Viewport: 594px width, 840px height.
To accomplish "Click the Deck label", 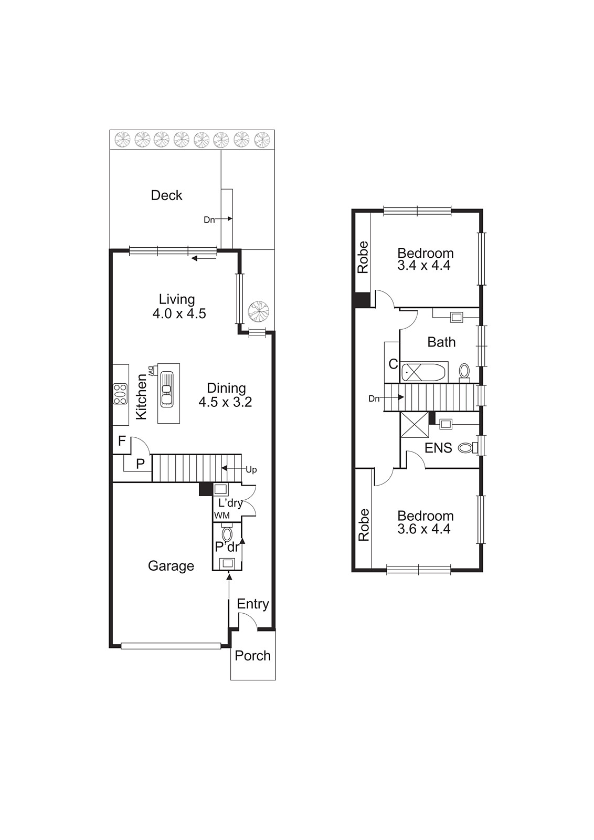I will pyautogui.click(x=166, y=195).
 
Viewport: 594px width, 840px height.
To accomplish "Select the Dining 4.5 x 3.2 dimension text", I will pyautogui.click(x=225, y=403).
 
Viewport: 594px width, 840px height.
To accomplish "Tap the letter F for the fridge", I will pyautogui.click(x=122, y=441).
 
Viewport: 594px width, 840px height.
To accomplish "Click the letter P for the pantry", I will pyautogui.click(x=140, y=464).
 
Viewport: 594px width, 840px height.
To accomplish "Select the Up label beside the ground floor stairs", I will pyautogui.click(x=251, y=470).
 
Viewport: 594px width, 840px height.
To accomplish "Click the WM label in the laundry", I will pyautogui.click(x=221, y=516).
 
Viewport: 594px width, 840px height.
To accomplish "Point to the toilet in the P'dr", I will pyautogui.click(x=227, y=534).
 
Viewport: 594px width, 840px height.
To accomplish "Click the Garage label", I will pyautogui.click(x=171, y=566).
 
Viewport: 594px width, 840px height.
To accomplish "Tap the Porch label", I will pyautogui.click(x=252, y=656).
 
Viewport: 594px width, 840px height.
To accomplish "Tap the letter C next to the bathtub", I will pyautogui.click(x=393, y=363).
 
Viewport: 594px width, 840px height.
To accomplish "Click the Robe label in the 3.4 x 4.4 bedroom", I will pyautogui.click(x=363, y=257).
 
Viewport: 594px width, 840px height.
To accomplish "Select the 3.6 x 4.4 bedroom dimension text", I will pyautogui.click(x=423, y=529).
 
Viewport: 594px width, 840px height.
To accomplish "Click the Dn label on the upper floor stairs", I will pyautogui.click(x=374, y=399).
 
